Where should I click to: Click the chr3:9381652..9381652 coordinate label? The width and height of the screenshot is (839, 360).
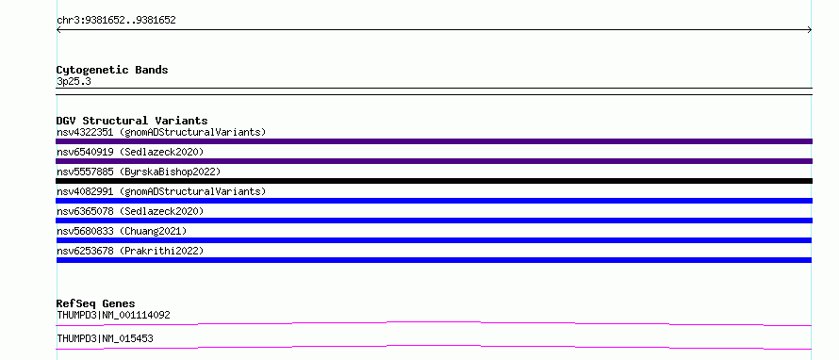116,21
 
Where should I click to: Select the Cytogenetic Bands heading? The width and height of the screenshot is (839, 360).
112,70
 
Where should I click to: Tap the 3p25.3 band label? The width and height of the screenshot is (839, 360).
74,81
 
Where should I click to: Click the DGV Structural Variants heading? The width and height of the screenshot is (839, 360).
132,121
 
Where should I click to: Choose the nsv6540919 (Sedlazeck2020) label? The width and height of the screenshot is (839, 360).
130,152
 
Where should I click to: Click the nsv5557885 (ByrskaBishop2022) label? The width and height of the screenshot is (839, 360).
139,172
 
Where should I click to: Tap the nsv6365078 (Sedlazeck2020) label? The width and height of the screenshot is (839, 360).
130,211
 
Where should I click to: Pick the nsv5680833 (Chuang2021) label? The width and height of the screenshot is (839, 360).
122,231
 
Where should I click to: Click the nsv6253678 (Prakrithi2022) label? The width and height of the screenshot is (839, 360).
130,251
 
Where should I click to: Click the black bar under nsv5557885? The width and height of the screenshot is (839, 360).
434,181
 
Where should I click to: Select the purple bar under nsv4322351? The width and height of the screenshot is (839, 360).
434,141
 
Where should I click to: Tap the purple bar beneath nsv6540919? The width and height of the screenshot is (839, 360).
434,161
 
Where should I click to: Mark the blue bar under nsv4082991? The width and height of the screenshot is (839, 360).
434,201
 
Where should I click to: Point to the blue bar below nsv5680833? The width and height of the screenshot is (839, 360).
434,240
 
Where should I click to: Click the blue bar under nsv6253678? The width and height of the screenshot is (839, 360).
434,260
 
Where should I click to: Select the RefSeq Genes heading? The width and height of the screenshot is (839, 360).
96,304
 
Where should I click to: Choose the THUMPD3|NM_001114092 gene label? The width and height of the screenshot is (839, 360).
113,316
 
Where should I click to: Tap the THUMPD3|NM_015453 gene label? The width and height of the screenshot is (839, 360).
106,339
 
